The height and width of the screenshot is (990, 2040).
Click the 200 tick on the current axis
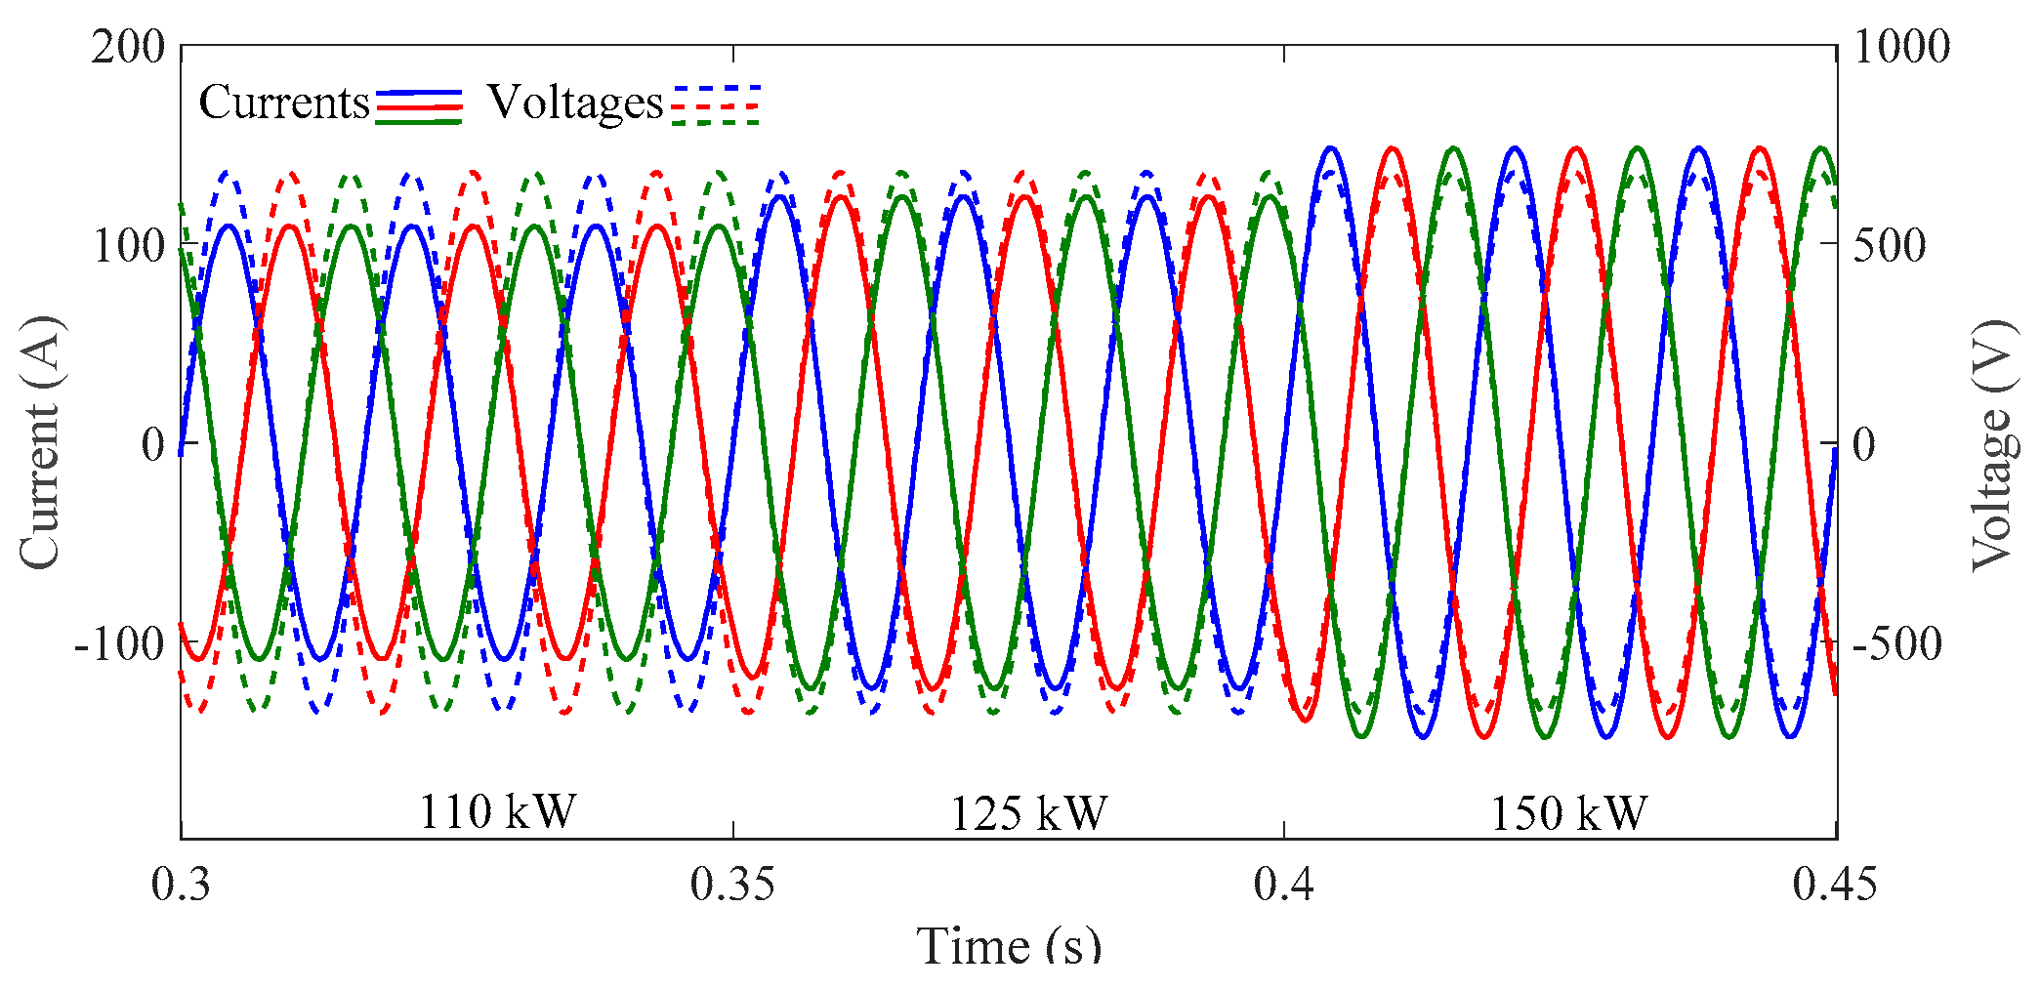(x=128, y=47)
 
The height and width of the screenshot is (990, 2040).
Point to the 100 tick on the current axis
(x=128, y=245)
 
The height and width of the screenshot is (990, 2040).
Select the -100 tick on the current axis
(x=119, y=643)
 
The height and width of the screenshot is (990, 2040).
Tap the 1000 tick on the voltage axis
(x=1900, y=47)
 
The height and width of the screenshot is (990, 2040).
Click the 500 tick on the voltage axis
(x=1890, y=245)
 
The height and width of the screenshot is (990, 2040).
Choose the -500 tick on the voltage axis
(x=1896, y=643)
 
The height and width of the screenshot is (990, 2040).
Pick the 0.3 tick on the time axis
(x=181, y=884)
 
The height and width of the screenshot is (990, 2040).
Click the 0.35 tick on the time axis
(x=732, y=884)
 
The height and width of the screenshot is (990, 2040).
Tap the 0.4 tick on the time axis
(x=1284, y=884)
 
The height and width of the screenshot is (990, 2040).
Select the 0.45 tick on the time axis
(x=1834, y=884)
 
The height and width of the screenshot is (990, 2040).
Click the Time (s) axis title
(x=1009, y=945)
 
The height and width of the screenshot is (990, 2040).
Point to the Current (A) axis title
(x=41, y=441)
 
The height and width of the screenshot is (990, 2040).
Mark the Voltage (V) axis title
(x=1992, y=444)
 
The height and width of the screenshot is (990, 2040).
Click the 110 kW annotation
(x=497, y=811)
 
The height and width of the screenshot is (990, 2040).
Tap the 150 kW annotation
(x=1567, y=813)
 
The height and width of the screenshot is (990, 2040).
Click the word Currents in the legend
(x=283, y=102)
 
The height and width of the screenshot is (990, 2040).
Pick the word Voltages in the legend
(x=574, y=102)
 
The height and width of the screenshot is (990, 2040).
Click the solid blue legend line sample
(x=419, y=92)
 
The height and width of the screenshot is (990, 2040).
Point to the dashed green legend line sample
(x=716, y=123)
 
